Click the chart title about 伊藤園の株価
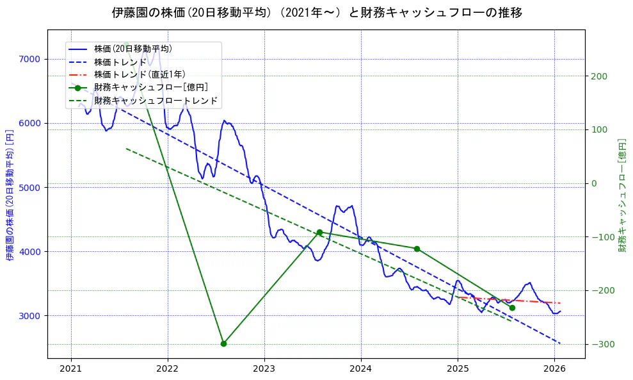pyautogui.click(x=317, y=13)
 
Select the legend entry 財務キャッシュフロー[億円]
pyautogui.click(x=150, y=87)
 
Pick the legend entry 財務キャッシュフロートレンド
pyautogui.click(x=156, y=101)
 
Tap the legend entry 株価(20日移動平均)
pyautogui.click(x=132, y=48)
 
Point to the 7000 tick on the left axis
pyautogui.click(x=29, y=59)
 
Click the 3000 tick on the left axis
pyautogui.click(x=29, y=315)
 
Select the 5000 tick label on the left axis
pyautogui.click(x=29, y=187)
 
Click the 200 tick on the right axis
pyautogui.click(x=598, y=76)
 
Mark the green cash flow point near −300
pyautogui.click(x=223, y=343)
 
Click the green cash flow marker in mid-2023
pyautogui.click(x=319, y=232)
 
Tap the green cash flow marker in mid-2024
pyautogui.click(x=417, y=249)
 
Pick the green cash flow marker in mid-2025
pyautogui.click(x=512, y=308)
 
